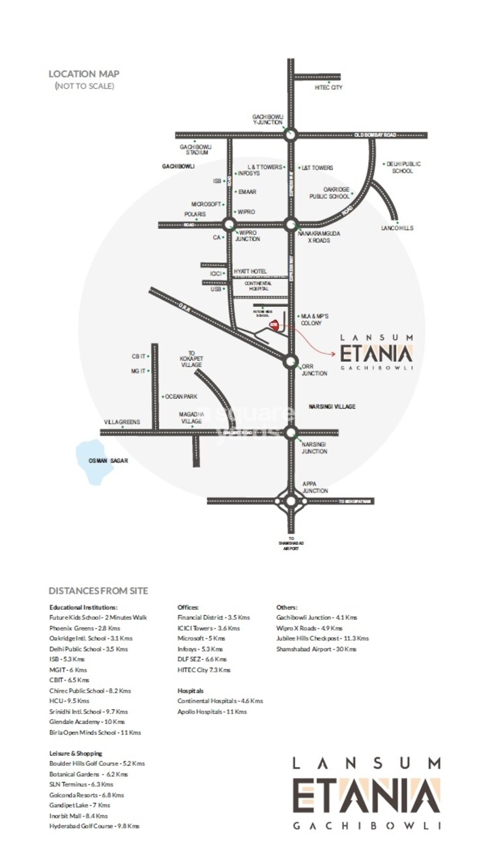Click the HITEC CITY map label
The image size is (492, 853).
(x=328, y=87)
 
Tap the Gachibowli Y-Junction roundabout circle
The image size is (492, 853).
(x=291, y=135)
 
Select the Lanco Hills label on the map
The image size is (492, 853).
(x=397, y=228)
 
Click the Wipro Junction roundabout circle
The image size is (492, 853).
(x=229, y=225)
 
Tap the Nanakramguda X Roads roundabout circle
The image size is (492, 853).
(x=291, y=225)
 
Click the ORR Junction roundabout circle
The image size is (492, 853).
(x=291, y=360)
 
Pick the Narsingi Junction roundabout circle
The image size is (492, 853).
(x=291, y=432)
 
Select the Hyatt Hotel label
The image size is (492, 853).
(x=250, y=271)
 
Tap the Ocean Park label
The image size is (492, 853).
(x=181, y=397)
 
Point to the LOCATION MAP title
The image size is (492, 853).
(x=84, y=74)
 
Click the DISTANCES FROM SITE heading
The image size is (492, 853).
(x=98, y=591)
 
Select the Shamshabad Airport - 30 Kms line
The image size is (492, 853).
(x=316, y=649)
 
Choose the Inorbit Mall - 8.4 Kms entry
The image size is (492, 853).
(x=78, y=816)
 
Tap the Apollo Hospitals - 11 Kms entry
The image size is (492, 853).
(x=212, y=712)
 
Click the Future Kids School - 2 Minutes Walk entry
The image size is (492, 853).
(x=98, y=617)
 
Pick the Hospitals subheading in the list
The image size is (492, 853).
(x=190, y=690)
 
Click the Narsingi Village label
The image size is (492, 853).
(x=332, y=406)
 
